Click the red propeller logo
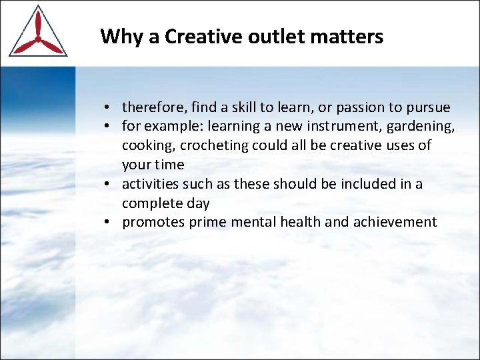pos(37,33)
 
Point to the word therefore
pos(149,107)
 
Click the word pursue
pos(427,107)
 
